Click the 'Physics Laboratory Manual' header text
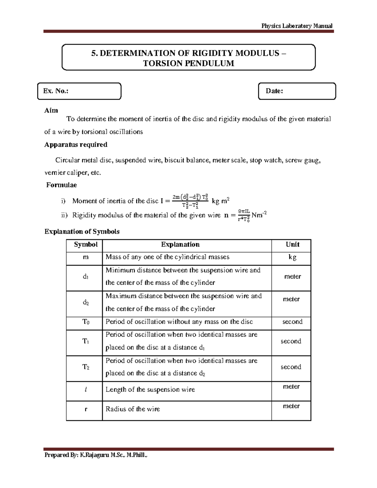click(297, 26)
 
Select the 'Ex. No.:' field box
click(79, 91)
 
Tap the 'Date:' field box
click(297, 91)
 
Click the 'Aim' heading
click(51, 110)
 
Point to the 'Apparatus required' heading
click(76, 145)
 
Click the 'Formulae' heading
click(62, 185)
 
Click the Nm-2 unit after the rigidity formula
click(259, 215)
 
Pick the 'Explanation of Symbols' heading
click(82, 232)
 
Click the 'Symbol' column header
click(85, 245)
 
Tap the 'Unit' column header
click(292, 245)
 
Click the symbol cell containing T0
click(86, 322)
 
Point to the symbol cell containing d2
click(86, 303)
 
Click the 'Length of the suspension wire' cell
click(150, 390)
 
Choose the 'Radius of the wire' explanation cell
click(133, 409)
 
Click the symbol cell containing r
click(86, 409)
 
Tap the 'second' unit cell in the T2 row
click(291, 367)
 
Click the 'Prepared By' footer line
click(96, 455)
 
